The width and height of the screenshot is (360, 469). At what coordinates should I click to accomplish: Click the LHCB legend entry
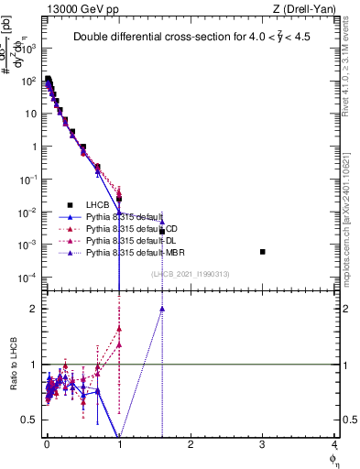[x=98, y=205]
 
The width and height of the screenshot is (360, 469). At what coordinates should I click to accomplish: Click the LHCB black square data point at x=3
[x=262, y=252]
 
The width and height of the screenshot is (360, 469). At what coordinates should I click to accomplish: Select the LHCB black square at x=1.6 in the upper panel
[x=162, y=232]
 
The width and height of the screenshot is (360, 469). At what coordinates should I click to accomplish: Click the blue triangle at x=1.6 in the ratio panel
[x=162, y=309]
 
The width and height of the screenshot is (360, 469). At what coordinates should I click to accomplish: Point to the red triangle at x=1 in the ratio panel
[x=119, y=328]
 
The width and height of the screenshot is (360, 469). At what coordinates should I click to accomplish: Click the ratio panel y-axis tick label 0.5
[x=29, y=420]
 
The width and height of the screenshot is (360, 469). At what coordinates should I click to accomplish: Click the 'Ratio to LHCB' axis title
[x=12, y=365]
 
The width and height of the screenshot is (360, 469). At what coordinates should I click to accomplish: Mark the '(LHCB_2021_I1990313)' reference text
[x=189, y=274]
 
